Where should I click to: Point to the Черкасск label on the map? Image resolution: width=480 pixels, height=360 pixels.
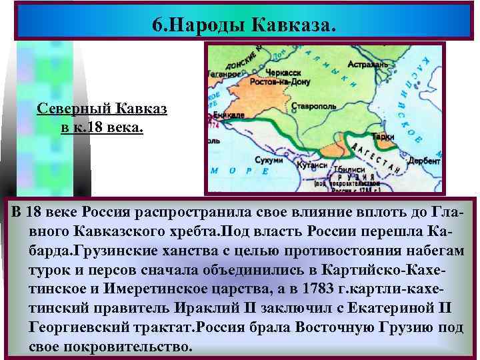tap(279, 71)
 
